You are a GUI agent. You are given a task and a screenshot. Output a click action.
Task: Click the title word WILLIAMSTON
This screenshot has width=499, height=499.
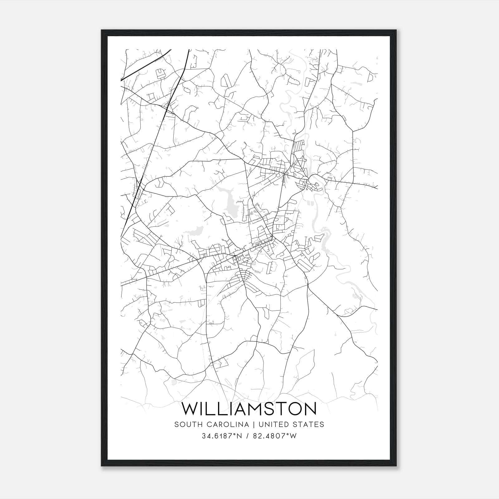tap(249, 409)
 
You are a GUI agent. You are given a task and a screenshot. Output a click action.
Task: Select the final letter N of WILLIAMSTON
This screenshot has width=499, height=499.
tap(311, 409)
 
